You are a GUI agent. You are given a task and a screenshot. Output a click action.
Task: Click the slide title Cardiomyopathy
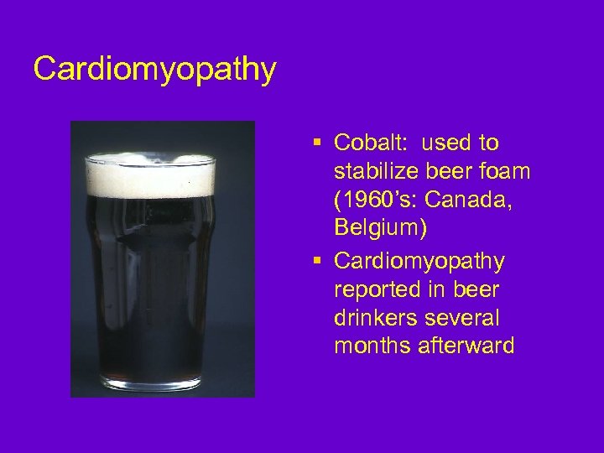click(154, 70)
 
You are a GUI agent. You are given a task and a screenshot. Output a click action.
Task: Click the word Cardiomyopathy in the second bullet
click(419, 262)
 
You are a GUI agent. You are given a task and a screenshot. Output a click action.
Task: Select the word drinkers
click(376, 319)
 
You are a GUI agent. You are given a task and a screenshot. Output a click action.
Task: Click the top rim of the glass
click(151, 157)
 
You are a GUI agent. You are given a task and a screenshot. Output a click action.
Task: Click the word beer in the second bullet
click(476, 290)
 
